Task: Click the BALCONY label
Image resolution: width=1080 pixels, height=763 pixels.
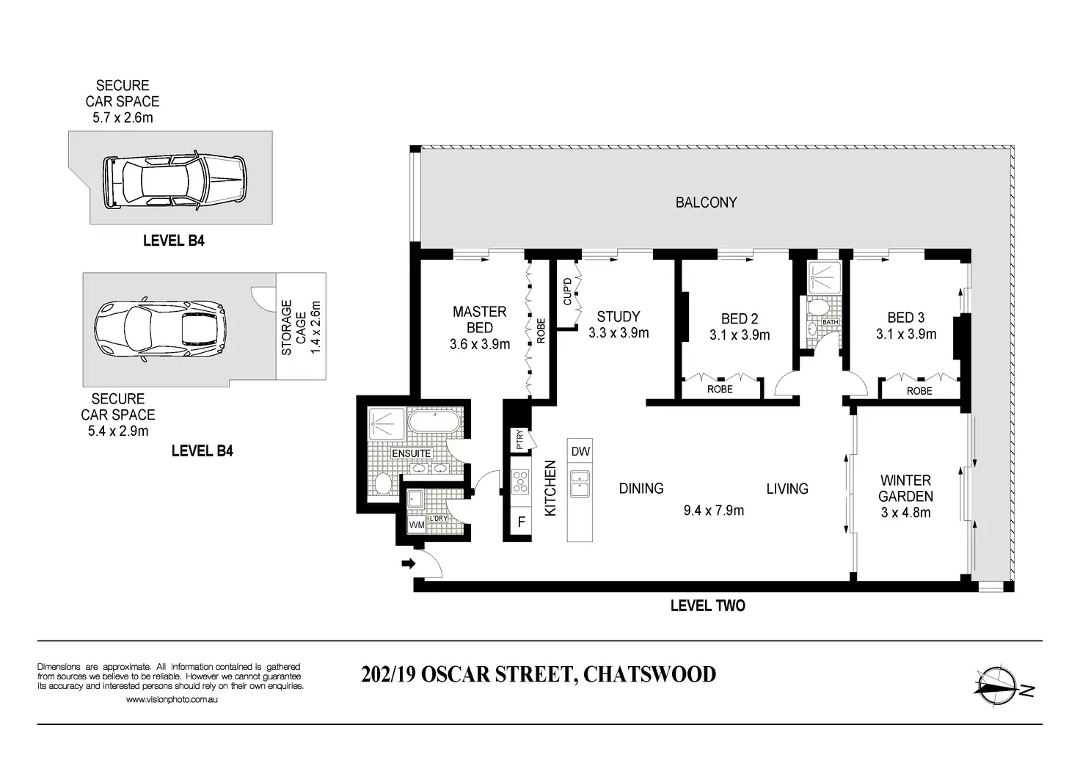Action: pos(706,202)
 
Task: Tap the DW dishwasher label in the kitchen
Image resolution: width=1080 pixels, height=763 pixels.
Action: pos(580,452)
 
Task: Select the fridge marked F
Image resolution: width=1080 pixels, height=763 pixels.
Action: pos(521,522)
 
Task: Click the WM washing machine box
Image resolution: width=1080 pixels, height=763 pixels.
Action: pos(417,525)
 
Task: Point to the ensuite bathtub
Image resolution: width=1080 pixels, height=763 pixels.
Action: pos(434,422)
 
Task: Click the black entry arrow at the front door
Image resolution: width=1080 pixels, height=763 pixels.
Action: pos(409,563)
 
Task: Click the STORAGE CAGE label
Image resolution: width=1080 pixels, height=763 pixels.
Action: pos(293,328)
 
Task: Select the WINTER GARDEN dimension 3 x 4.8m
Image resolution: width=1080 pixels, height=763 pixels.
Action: pos(905,512)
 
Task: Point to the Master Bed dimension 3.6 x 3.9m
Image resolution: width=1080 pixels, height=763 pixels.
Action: pos(480,344)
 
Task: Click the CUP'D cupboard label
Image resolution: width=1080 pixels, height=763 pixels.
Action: pos(567,291)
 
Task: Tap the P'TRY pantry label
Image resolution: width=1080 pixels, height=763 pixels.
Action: pos(519,439)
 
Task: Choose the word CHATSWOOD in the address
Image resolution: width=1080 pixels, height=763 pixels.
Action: pos(649,674)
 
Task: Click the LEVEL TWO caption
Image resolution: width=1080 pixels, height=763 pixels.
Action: pos(708,606)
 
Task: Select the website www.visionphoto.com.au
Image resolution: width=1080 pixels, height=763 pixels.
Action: pos(172,699)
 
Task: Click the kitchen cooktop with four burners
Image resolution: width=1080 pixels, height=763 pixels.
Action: pos(520,482)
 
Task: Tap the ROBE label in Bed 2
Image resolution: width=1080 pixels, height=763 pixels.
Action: pos(720,389)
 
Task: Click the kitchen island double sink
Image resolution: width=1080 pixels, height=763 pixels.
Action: pos(580,484)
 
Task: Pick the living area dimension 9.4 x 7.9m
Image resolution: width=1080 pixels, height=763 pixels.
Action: pos(714,511)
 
